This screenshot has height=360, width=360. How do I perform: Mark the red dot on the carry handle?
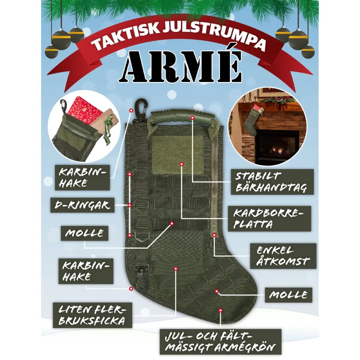(192, 118)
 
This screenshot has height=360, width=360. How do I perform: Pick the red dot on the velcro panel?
(182, 164)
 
